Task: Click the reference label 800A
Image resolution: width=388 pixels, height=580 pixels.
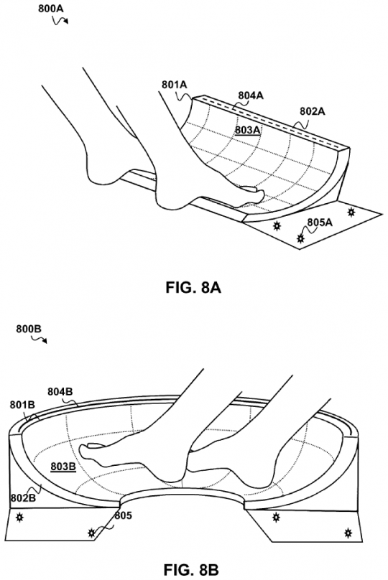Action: [x=51, y=9]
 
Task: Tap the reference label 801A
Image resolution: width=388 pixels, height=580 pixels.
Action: [x=174, y=85]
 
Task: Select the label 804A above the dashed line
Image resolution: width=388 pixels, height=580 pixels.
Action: [x=251, y=95]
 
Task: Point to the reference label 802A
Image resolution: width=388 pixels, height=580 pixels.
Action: [x=312, y=111]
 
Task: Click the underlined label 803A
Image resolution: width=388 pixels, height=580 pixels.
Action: [x=248, y=130]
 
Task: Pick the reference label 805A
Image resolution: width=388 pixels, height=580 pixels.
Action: [x=320, y=223]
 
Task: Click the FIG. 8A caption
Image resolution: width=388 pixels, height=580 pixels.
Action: [x=193, y=287]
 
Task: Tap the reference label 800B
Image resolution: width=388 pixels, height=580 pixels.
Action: [x=29, y=329]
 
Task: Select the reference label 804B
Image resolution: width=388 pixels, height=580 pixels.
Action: [x=60, y=391]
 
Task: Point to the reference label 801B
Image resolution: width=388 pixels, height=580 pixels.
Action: [x=22, y=405]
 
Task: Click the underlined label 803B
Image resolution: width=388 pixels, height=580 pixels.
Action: [x=63, y=467]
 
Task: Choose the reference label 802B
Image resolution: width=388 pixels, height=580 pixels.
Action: [x=23, y=498]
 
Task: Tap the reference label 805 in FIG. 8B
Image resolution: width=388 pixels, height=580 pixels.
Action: [x=123, y=515]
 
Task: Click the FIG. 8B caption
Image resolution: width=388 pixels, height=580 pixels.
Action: [x=193, y=570]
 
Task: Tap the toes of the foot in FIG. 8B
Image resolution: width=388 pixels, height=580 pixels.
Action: [x=88, y=450]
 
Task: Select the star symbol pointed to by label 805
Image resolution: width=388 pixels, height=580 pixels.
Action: [x=91, y=533]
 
